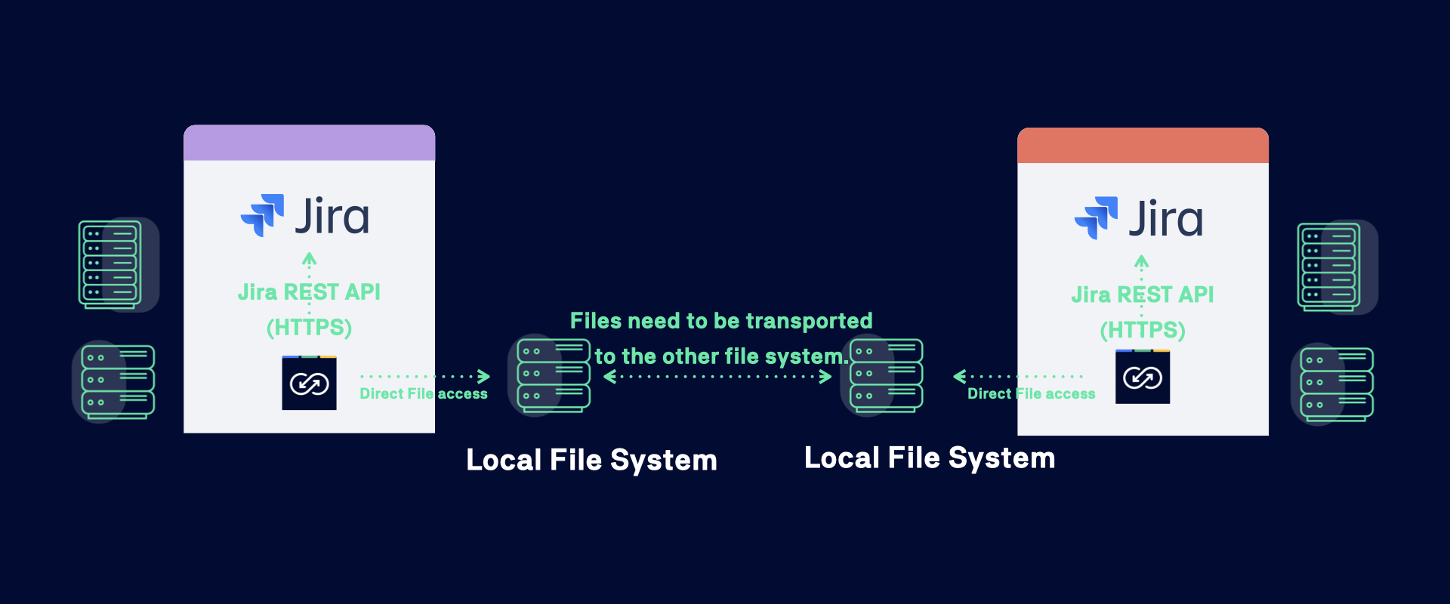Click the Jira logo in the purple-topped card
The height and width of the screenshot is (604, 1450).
coord(305,216)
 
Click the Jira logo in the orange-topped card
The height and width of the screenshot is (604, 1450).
coord(1139,218)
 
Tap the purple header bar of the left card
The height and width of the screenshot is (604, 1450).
coord(309,143)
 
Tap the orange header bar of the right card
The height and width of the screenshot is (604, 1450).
coord(1143,146)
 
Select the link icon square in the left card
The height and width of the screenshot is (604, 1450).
coord(309,384)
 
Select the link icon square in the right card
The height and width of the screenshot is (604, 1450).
coord(1143,377)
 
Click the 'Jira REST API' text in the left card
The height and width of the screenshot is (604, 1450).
coord(309,292)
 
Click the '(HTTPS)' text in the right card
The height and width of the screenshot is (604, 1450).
coord(1143,330)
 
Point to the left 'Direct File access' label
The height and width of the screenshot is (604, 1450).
coord(424,394)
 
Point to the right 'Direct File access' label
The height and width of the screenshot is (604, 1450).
coord(1031,394)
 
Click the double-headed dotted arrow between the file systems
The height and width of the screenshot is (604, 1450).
coord(717,376)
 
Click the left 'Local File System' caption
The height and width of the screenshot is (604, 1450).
coord(591,460)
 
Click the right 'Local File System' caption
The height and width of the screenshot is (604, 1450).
coord(930,458)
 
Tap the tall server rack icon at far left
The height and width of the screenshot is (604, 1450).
coord(111,264)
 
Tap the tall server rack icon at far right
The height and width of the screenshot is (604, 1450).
coord(1329,267)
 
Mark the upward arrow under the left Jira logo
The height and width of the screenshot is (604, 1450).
coord(309,260)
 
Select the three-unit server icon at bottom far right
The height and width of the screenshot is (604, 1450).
coord(1335,384)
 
